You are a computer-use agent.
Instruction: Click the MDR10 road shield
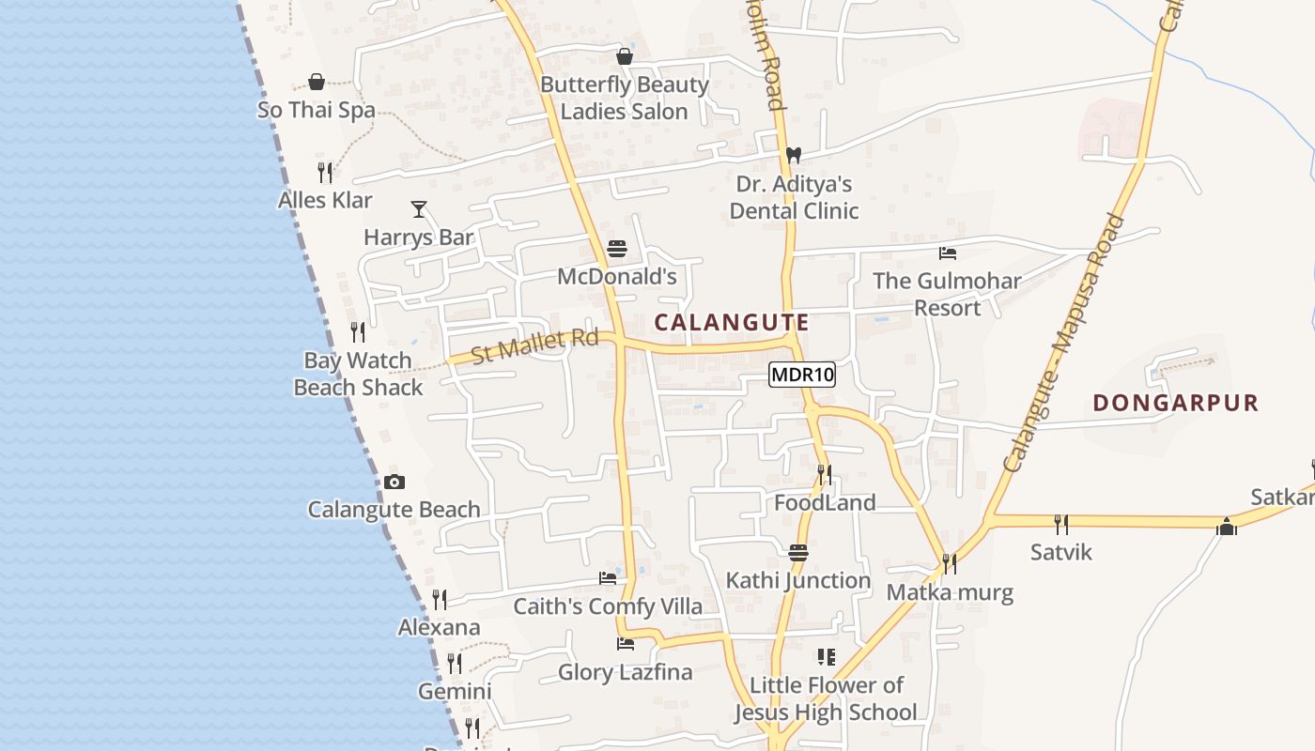802,375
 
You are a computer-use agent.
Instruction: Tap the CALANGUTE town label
732,322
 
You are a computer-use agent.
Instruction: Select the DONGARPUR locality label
1175,403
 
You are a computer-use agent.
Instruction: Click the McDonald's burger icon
617,249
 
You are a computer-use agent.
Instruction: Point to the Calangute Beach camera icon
394,482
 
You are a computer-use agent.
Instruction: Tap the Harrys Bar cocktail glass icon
419,208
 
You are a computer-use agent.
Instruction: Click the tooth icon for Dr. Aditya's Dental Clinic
794,155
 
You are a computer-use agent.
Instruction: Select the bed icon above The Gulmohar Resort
947,253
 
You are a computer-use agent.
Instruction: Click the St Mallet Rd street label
534,345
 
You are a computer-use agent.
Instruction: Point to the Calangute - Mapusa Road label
1063,344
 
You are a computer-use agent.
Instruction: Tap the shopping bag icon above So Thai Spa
317,82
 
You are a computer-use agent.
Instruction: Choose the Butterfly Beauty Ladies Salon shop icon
625,56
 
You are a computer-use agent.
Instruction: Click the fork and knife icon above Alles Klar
325,172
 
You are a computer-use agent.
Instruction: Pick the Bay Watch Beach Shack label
358,374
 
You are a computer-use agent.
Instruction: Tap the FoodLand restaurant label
825,502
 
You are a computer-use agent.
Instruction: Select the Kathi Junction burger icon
798,552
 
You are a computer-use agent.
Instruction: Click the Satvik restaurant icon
1061,524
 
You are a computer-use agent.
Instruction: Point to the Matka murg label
950,592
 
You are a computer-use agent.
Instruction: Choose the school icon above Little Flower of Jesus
826,656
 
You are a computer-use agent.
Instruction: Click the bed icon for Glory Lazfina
625,643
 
